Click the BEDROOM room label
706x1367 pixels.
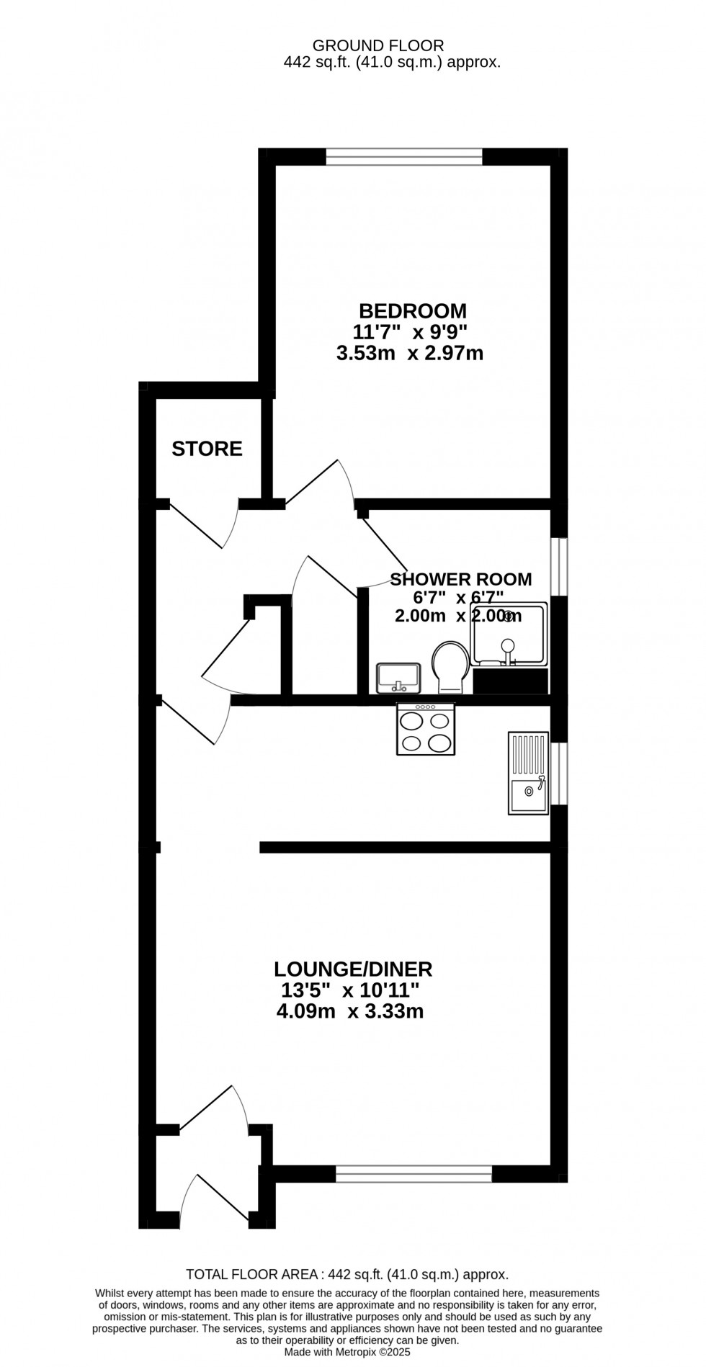413,311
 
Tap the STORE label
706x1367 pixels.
207,449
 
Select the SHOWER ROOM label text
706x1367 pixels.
461,579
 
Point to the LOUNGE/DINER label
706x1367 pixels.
352,969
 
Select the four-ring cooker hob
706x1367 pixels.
426,729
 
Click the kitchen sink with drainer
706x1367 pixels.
529,773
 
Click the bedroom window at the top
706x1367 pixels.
404,156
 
